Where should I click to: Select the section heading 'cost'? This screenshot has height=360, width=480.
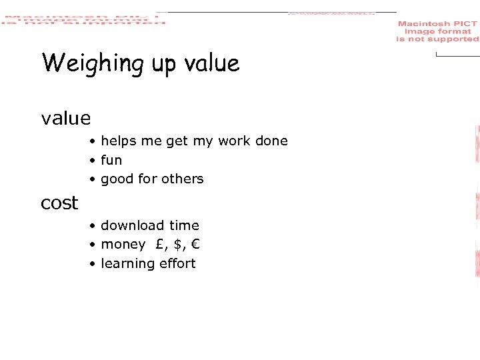tap(59, 203)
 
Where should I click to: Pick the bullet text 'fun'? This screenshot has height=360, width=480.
tap(111, 160)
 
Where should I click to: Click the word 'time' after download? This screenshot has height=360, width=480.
tap(184, 225)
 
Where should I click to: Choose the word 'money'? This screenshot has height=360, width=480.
tap(123, 245)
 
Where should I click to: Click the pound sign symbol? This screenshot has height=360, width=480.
tap(161, 244)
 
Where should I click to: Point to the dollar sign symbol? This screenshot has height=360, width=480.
tap(177, 245)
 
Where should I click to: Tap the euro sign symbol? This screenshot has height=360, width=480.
tap(195, 244)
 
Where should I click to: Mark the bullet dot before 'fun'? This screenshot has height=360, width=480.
tap(94, 161)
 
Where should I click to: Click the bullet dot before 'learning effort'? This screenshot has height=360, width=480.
tap(94, 264)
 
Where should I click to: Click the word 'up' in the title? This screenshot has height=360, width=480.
tap(163, 65)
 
